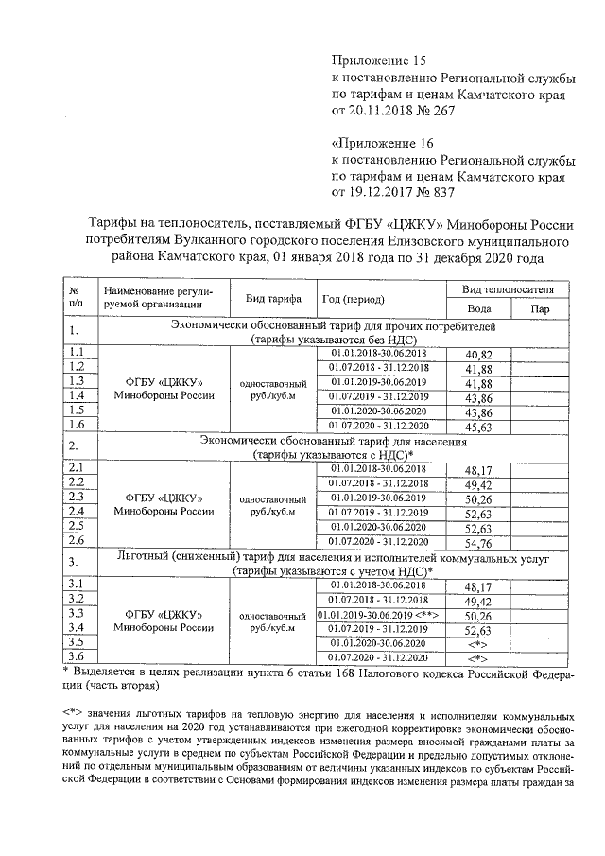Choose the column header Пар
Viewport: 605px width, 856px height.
541,308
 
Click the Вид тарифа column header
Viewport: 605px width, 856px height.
273,298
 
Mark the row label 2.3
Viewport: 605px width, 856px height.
78,497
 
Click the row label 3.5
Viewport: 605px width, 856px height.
78,641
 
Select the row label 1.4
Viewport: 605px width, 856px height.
78,395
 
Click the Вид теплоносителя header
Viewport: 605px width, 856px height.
514,288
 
